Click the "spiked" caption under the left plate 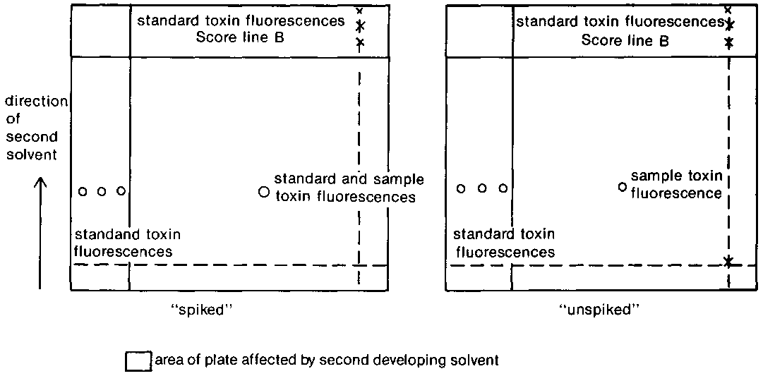208,310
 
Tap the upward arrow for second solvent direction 40,233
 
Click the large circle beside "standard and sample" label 264,192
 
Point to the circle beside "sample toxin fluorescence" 622,187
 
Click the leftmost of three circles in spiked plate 83,191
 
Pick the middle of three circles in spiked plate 102,191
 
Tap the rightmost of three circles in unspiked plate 503,188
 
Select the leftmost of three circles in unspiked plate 461,188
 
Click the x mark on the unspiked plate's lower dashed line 728,262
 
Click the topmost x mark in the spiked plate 360,11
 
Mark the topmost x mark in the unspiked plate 728,10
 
